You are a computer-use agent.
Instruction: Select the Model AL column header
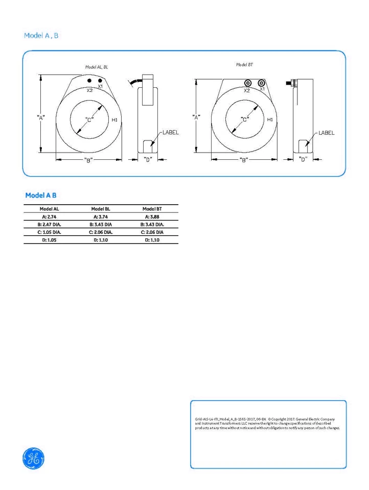tap(50, 209)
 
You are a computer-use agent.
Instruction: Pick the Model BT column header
tap(152, 209)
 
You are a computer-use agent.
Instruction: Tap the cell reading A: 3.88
tap(152, 216)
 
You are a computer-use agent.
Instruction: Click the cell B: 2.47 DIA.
tap(50, 224)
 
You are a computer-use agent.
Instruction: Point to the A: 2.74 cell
tap(50, 216)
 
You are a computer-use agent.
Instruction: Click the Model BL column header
tap(101, 209)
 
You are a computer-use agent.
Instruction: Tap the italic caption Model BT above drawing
tap(244, 65)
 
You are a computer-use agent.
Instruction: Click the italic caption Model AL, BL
tap(97, 67)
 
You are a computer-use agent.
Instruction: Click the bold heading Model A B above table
tap(44, 195)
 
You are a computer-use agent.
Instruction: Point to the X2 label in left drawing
tap(89, 90)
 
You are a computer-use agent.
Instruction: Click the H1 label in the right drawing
tap(270, 119)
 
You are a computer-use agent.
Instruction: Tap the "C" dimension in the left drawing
tap(88, 120)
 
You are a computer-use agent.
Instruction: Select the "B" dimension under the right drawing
tap(244, 160)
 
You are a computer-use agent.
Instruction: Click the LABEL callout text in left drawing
tap(170, 132)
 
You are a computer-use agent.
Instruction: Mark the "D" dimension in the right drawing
tap(303, 160)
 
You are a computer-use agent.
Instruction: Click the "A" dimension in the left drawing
tap(41, 117)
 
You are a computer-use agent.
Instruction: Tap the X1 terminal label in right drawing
tap(262, 89)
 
